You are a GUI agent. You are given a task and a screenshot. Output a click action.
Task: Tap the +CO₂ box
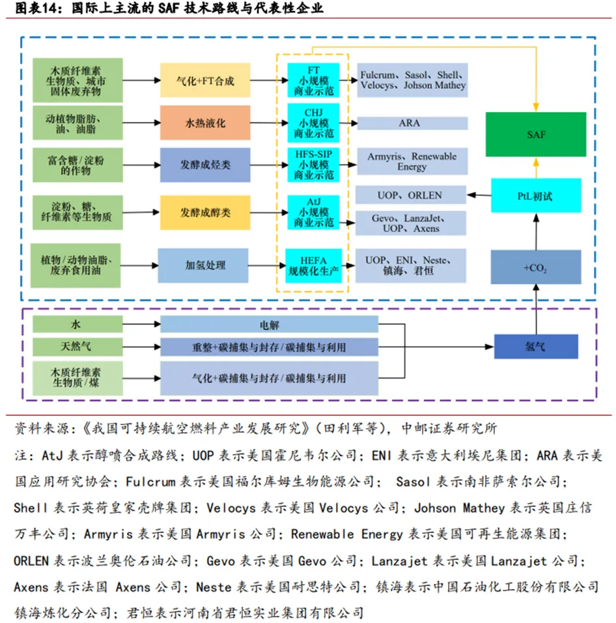coord(536,267)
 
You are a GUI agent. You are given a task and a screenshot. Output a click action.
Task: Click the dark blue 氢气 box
coord(536,347)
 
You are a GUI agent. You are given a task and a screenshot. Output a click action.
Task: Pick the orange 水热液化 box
coord(205,123)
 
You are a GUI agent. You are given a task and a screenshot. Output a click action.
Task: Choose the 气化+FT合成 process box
coord(205,81)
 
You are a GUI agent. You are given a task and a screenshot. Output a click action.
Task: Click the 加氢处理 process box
coord(205,265)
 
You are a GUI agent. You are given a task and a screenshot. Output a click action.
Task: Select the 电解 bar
coord(269,324)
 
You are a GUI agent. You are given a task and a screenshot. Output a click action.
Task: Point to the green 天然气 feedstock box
coord(77,346)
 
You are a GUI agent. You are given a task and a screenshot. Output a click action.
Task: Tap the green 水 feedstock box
coord(77,324)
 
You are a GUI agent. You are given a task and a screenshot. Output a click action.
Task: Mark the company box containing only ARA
coord(412,123)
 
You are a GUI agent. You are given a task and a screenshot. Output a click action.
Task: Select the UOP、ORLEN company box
coord(411,195)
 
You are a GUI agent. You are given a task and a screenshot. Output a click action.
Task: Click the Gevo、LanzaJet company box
coord(411,223)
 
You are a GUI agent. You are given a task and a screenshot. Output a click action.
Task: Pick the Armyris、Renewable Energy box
coord(412,162)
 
